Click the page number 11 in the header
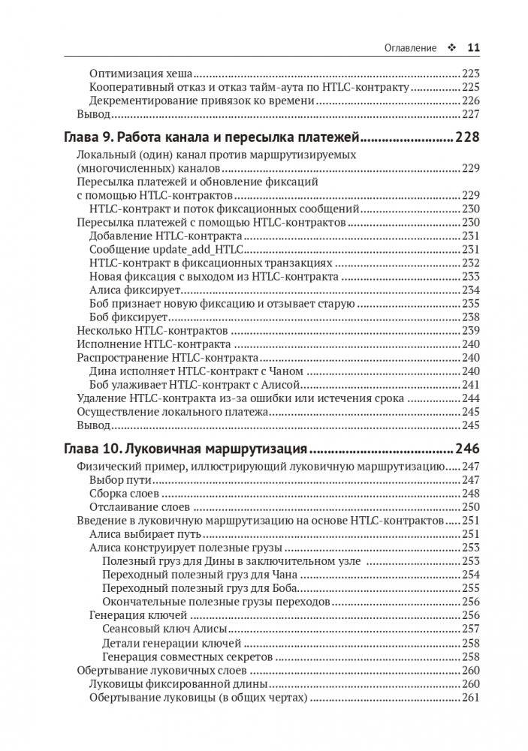473,47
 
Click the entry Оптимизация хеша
141,74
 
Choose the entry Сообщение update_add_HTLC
169,250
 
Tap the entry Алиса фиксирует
128,290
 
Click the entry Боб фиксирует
125,317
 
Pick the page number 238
470,317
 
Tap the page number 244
470,398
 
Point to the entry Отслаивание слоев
133,506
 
